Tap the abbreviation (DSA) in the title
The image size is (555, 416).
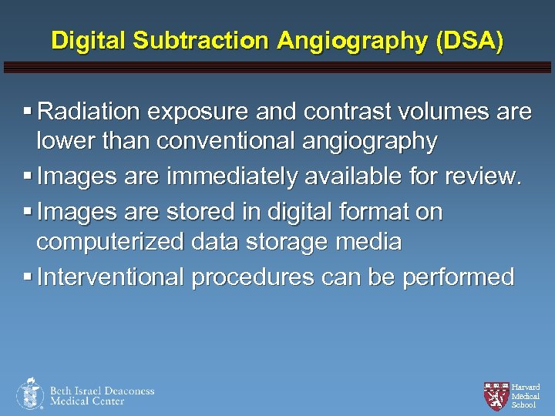pos(469,40)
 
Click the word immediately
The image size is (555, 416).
pos(244,178)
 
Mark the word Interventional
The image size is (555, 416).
pos(111,277)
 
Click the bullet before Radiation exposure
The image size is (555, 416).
pos(28,113)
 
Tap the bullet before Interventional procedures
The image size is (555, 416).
pos(28,277)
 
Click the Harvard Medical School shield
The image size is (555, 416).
pos(496,394)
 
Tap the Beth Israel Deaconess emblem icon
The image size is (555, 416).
pos(30,394)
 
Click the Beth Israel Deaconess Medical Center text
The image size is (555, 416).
pos(102,396)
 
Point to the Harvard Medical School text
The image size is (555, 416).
pos(525,396)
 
